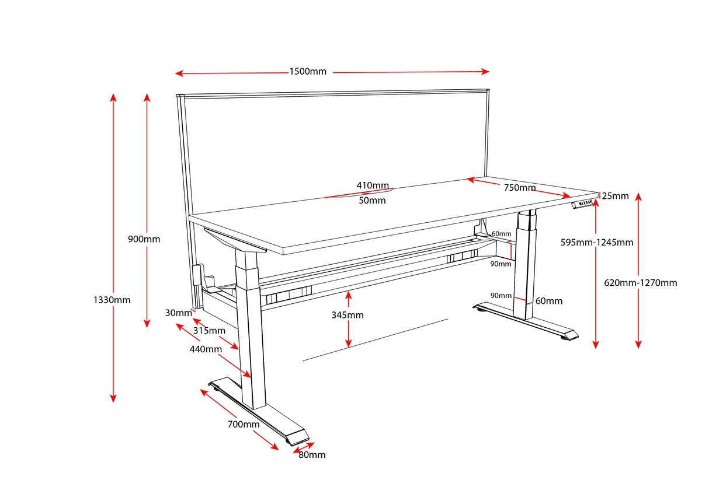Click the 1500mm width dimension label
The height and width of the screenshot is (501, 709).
[308, 72]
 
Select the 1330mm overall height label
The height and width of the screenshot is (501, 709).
[112, 300]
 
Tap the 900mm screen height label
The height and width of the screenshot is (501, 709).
[144, 239]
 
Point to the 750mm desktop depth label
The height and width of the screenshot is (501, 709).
[519, 187]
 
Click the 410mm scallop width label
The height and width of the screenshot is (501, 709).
[373, 185]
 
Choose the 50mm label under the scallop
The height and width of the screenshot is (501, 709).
[372, 200]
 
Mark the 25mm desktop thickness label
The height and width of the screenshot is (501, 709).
[616, 196]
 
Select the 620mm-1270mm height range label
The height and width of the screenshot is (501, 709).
[641, 282]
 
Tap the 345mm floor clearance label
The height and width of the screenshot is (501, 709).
[347, 315]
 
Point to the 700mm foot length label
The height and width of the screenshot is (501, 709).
[244, 424]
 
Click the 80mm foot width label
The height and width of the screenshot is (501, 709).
[312, 454]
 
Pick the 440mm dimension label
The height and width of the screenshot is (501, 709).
[206, 349]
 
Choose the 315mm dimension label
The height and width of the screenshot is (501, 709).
[209, 331]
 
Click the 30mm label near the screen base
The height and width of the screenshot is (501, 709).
[178, 313]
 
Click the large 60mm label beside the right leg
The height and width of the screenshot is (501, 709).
[549, 301]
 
